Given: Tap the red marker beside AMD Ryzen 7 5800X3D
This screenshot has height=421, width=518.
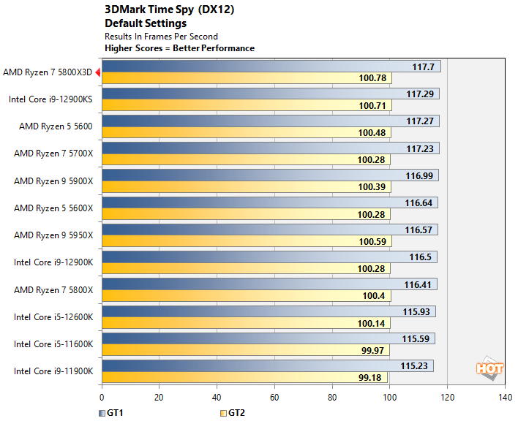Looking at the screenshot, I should coord(97,72).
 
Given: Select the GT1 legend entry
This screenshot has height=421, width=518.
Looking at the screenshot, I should coord(110,413).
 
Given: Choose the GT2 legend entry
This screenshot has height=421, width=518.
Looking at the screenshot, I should coord(232,413).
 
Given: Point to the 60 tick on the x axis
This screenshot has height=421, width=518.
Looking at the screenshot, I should coord(274,398).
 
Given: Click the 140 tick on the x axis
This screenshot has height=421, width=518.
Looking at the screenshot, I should coord(505,398).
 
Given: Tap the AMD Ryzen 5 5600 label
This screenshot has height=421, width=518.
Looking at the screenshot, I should coord(56,126).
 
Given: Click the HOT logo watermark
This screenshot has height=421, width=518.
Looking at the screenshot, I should coord(489,368).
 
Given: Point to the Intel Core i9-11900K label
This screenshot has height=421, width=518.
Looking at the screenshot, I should coord(53,371).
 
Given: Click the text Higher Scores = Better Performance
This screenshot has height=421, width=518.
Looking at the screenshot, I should coord(180,48).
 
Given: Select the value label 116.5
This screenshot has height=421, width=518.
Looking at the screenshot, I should coord(424,257).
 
